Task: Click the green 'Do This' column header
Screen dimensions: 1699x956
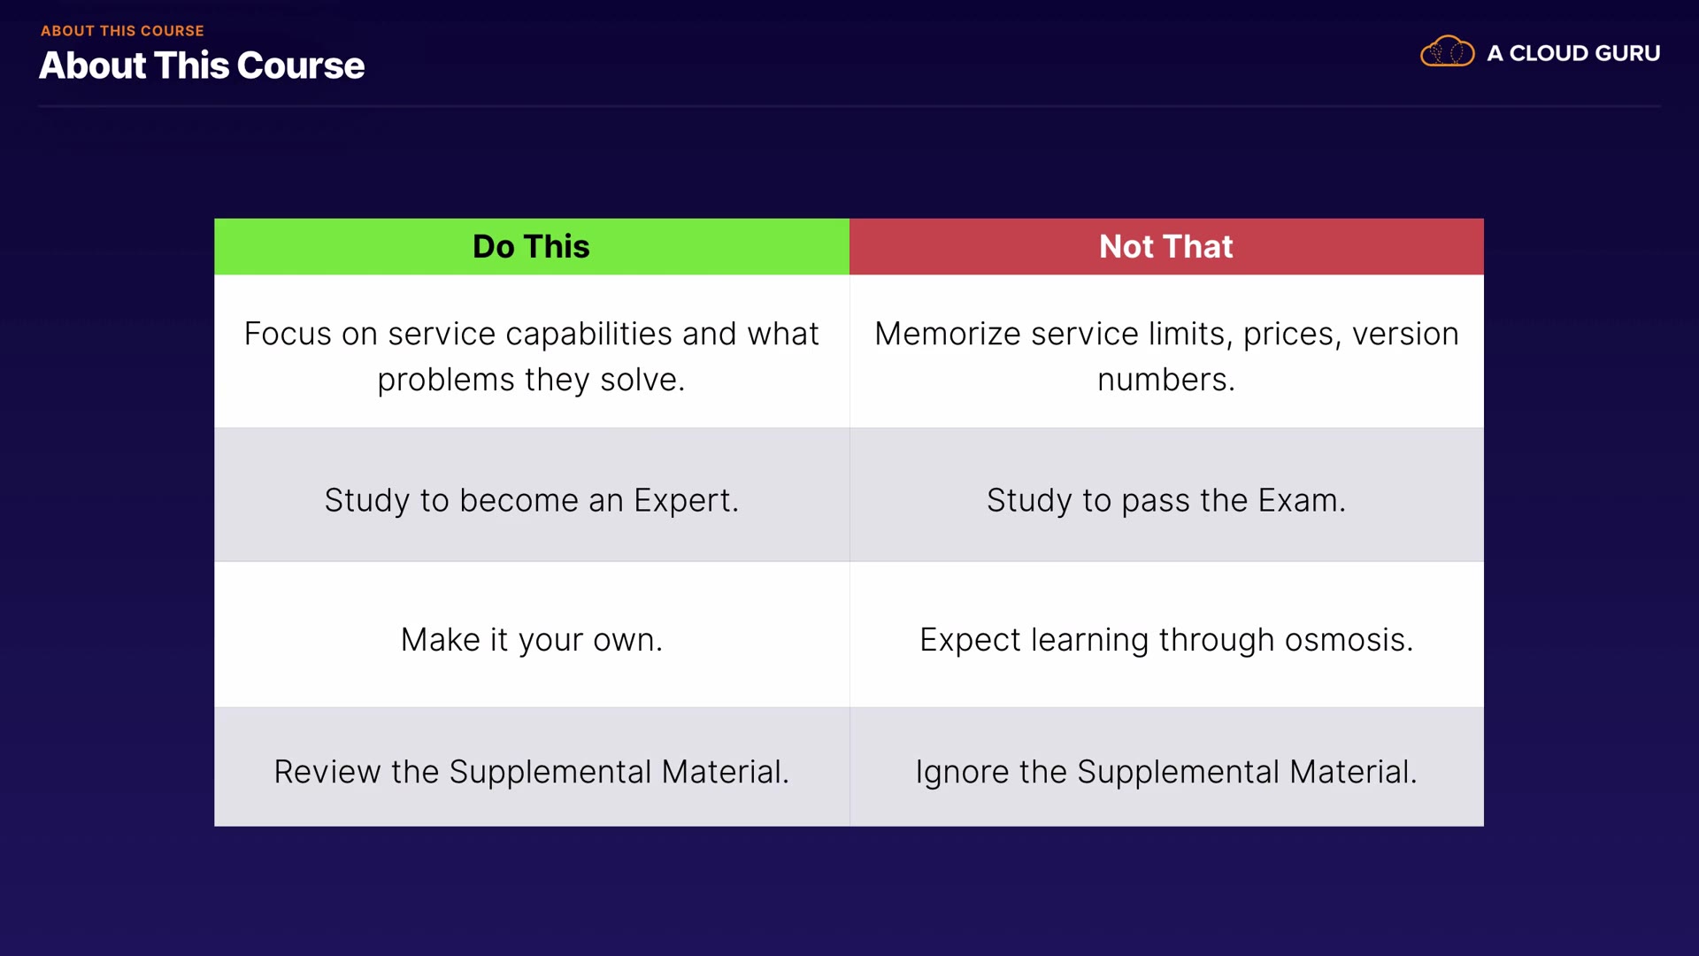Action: coord(532,246)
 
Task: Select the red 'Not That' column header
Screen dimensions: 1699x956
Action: coord(1166,246)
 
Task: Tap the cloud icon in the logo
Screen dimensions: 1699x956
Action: coord(1447,51)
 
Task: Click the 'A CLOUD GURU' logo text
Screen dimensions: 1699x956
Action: coord(1573,53)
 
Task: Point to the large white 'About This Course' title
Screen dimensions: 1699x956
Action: coord(202,66)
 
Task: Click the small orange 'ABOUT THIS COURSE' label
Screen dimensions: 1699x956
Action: coord(122,31)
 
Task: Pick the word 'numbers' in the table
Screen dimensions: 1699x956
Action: coord(1162,381)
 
